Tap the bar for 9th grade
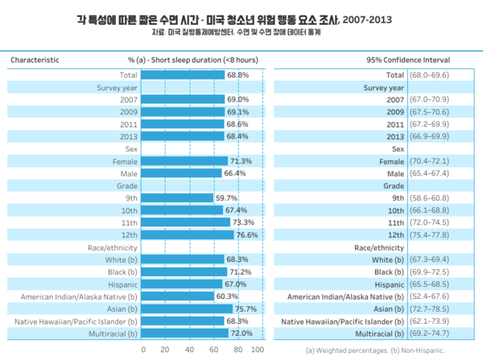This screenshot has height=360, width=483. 178,197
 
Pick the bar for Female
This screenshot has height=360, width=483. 185,161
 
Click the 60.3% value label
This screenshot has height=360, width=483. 226,296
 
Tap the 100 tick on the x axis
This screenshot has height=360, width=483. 258,350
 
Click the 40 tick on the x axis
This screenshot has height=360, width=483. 189,350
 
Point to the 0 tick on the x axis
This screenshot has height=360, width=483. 143,350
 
